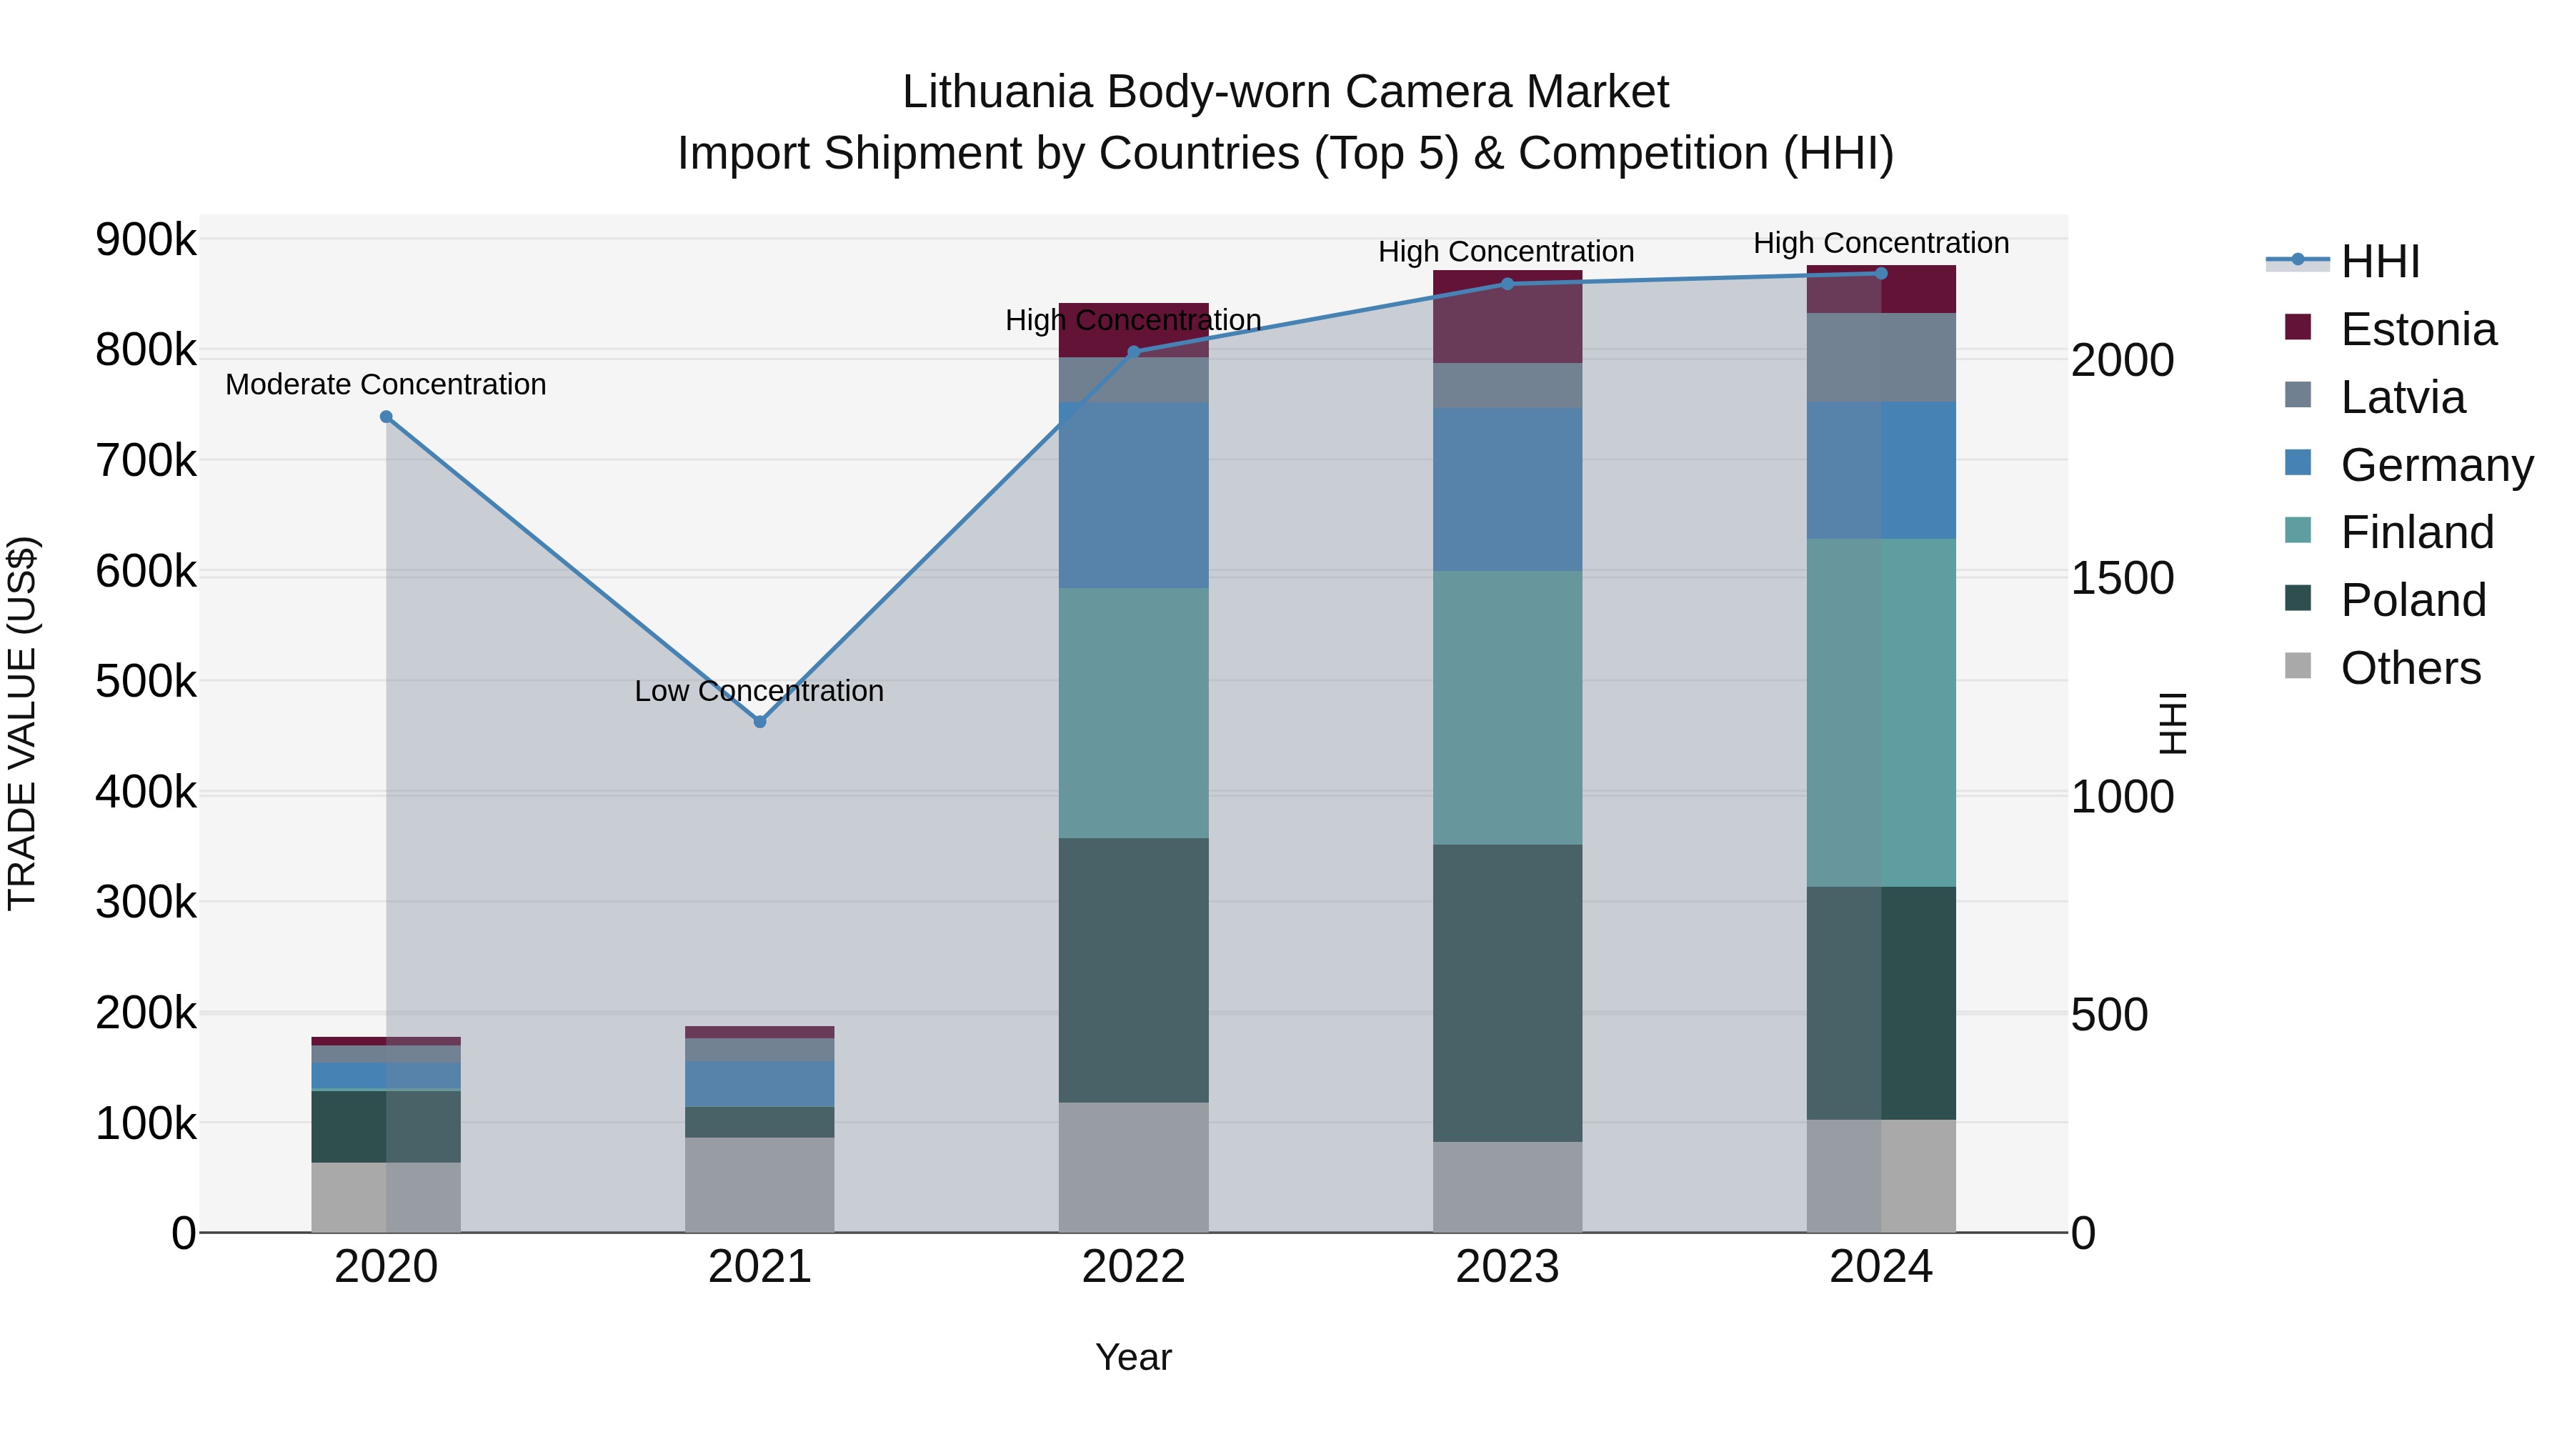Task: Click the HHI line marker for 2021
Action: (760, 721)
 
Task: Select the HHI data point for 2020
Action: (387, 417)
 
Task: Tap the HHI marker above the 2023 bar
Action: (1507, 284)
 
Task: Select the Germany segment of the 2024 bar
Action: (1881, 470)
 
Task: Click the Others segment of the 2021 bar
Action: (760, 1184)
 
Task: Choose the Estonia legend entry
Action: (2417, 329)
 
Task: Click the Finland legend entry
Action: (2416, 532)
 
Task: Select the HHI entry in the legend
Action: (2379, 262)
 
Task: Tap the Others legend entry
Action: (2409, 668)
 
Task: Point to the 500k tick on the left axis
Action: (146, 682)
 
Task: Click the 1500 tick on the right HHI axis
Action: (2122, 578)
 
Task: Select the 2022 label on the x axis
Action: (1133, 1267)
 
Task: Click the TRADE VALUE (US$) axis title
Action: (22, 723)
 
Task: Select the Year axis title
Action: (1133, 1357)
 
